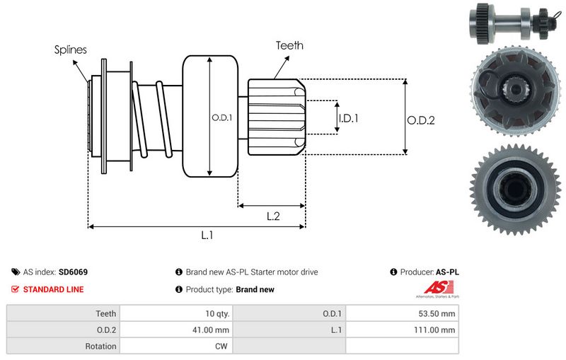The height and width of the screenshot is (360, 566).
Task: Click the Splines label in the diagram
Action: pyautogui.click(x=71, y=50)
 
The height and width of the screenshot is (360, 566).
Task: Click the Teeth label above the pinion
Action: pyautogui.click(x=289, y=45)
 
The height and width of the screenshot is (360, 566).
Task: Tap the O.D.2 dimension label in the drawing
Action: pyautogui.click(x=420, y=120)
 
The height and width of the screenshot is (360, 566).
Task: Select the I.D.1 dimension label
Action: pyautogui.click(x=348, y=118)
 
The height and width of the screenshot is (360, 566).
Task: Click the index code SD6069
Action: pyautogui.click(x=73, y=272)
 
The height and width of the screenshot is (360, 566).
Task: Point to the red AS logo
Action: pyautogui.click(x=434, y=287)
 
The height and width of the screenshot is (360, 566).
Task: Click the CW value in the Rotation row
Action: pyautogui.click(x=221, y=347)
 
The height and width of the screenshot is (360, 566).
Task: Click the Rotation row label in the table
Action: pyautogui.click(x=100, y=347)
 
